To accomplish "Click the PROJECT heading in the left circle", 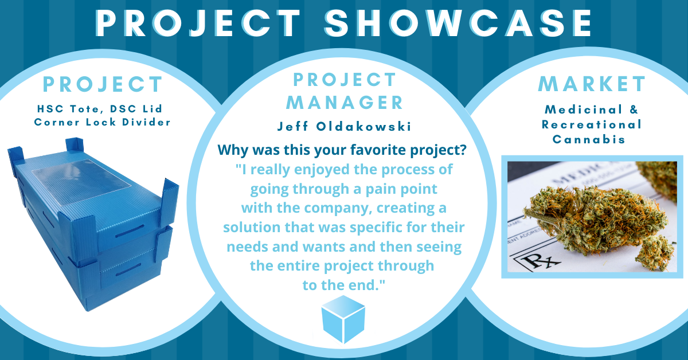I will pyautogui.click(x=103, y=84).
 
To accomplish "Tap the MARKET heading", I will pyautogui.click(x=592, y=84).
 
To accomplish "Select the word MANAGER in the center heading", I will pyautogui.click(x=345, y=103).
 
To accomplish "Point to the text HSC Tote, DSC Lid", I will pyautogui.click(x=103, y=108).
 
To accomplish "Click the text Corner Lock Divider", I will pyautogui.click(x=103, y=122).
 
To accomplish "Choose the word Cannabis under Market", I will pyautogui.click(x=592, y=139).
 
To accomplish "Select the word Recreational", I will pyautogui.click(x=592, y=124).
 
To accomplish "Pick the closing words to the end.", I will pyautogui.click(x=343, y=285).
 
